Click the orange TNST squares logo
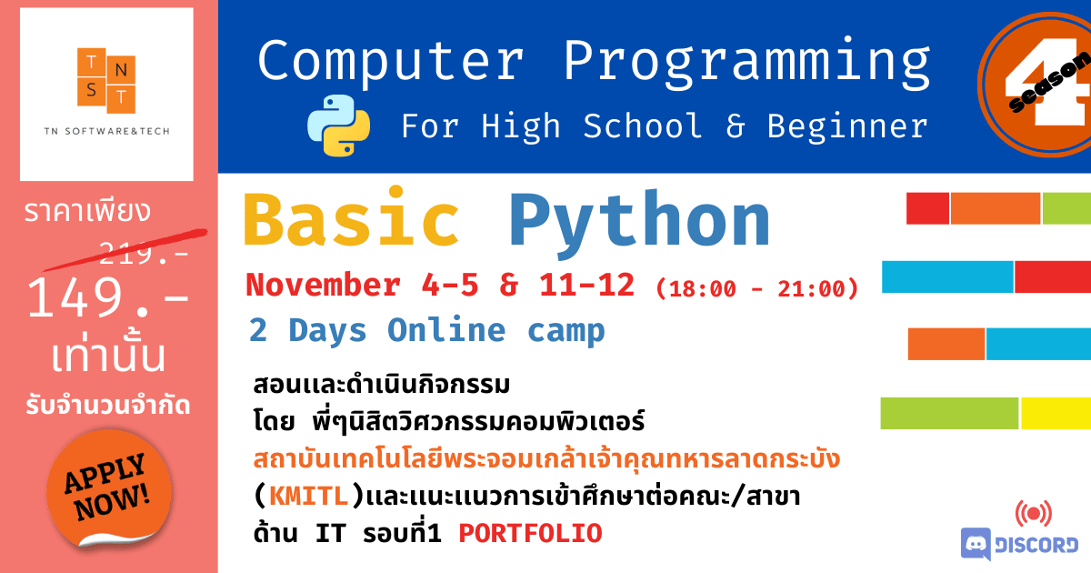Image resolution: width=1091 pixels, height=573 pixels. coord(106,80)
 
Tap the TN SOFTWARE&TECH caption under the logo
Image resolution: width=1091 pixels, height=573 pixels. coord(106,131)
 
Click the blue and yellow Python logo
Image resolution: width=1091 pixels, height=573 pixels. coord(338,126)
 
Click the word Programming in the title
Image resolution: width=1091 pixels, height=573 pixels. coord(747,63)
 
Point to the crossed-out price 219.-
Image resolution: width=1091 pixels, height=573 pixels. coord(144,253)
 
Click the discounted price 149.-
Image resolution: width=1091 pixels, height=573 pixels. coord(107,297)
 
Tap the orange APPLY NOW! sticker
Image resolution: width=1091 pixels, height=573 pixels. coord(109,488)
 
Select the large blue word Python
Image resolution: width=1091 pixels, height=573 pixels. coord(639,222)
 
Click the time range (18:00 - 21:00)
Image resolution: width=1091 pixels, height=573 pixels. coord(756,288)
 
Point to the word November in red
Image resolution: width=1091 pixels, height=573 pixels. coord(324,285)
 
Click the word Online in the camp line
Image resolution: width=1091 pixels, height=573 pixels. coord(446,330)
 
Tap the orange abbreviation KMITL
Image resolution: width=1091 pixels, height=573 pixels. coord(309,497)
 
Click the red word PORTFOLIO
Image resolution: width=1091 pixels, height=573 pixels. coord(530,534)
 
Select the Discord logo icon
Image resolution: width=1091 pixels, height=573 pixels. coord(976,544)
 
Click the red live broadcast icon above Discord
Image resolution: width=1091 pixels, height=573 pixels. coord(1034,514)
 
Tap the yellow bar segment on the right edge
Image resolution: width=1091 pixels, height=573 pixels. coord(1056,413)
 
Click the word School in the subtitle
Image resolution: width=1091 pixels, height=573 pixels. coord(643,126)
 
